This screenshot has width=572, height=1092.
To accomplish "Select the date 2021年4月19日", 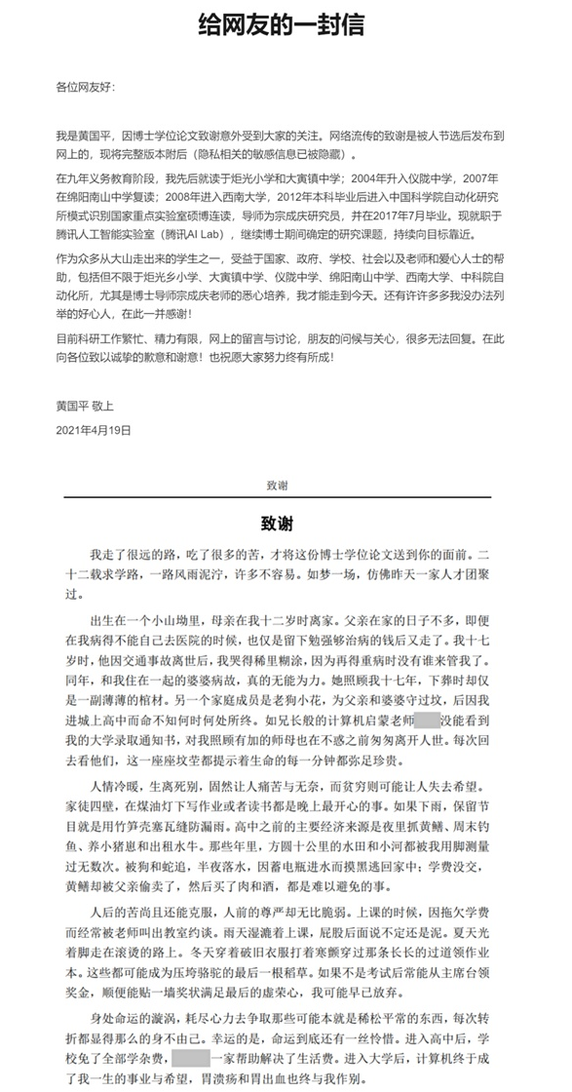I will tap(94, 428).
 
